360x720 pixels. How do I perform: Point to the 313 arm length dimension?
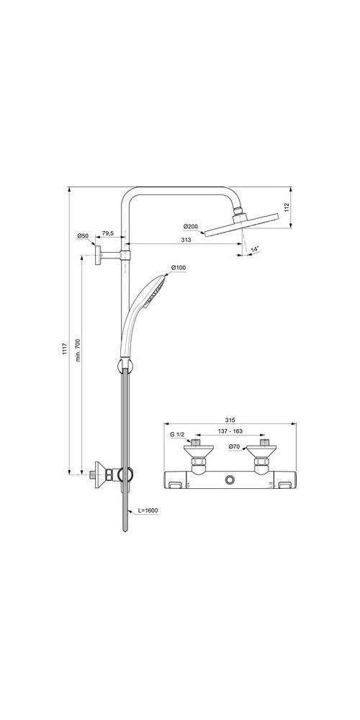click(186, 240)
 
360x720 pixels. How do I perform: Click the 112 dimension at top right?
click(287, 207)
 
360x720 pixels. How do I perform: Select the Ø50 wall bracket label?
click(83, 236)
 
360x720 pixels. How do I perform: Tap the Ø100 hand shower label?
click(179, 269)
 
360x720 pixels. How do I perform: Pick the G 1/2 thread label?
click(177, 436)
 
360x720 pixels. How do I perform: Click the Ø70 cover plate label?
click(234, 447)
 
